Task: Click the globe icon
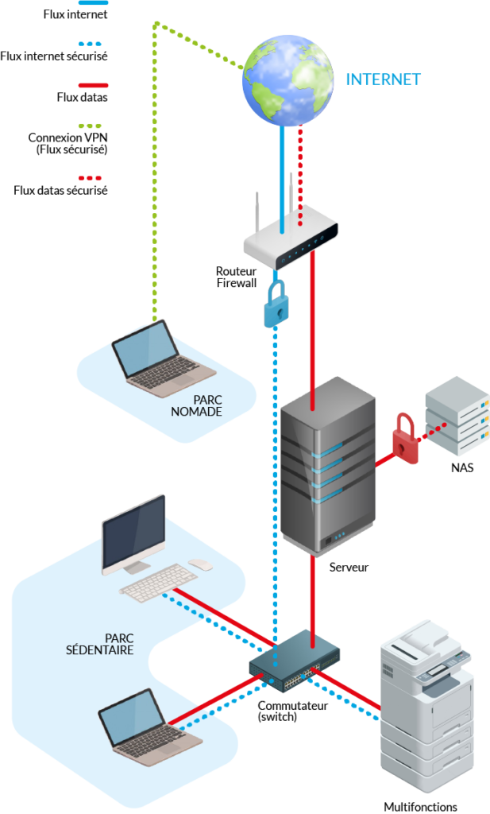tap(287, 79)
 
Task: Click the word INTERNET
tap(383, 79)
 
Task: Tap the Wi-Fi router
tap(291, 236)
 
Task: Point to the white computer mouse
tap(200, 564)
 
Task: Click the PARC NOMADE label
tap(196, 406)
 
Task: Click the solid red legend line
tap(94, 85)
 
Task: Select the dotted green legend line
tap(91, 126)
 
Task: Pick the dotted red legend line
tap(91, 178)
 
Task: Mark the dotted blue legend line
tap(91, 44)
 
